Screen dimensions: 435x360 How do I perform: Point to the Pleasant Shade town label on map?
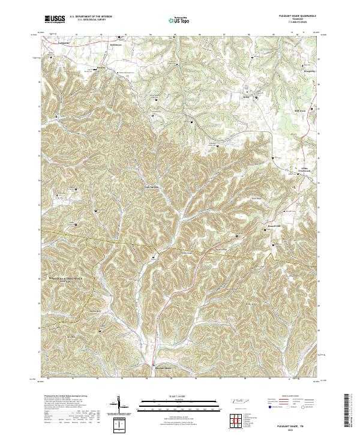pyautogui.click(x=164, y=367)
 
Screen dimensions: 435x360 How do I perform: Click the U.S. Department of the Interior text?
pyautogui.click(x=90, y=17)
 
